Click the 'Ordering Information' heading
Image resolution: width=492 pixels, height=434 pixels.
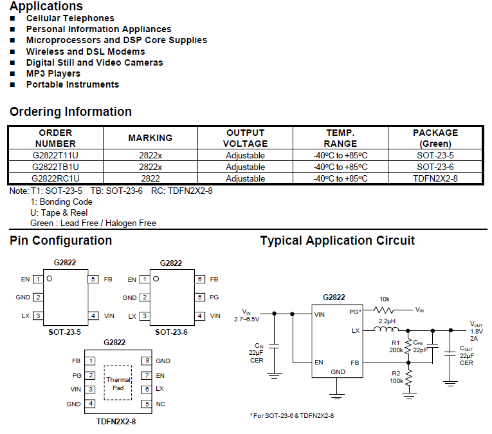pyautogui.click(x=71, y=112)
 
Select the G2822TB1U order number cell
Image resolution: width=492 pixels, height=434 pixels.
pyautogui.click(x=55, y=167)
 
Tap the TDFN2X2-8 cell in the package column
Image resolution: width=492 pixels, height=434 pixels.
pyautogui.click(x=435, y=178)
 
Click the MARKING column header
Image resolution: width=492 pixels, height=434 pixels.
pyautogui.click(x=150, y=138)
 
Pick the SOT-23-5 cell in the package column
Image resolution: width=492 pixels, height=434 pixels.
pyautogui.click(x=435, y=155)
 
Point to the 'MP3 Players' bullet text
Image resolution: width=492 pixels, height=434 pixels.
pyautogui.click(x=53, y=74)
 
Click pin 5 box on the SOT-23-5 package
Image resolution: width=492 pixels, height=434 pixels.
pyautogui.click(x=93, y=279)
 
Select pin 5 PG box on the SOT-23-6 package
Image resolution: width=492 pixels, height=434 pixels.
pyautogui.click(x=199, y=297)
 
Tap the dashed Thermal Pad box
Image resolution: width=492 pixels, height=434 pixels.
pyautogui.click(x=118, y=382)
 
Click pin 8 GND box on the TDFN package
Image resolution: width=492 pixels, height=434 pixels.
pyautogui.click(x=147, y=361)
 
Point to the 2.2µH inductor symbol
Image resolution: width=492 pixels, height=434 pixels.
pyautogui.click(x=386, y=329)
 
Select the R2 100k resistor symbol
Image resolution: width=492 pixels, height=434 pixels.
pyautogui.click(x=408, y=378)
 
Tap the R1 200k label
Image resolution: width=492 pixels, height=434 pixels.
pyautogui.click(x=396, y=346)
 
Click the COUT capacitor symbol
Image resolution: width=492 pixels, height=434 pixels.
pyautogui.click(x=450, y=354)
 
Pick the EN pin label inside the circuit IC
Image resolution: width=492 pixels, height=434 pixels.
pyautogui.click(x=319, y=363)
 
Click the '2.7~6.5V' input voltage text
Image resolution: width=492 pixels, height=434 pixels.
pyautogui.click(x=246, y=319)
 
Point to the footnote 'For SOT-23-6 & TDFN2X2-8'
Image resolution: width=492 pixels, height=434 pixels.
pyautogui.click(x=293, y=416)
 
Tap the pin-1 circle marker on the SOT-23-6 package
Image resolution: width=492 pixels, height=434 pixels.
pyautogui.click(x=156, y=279)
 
